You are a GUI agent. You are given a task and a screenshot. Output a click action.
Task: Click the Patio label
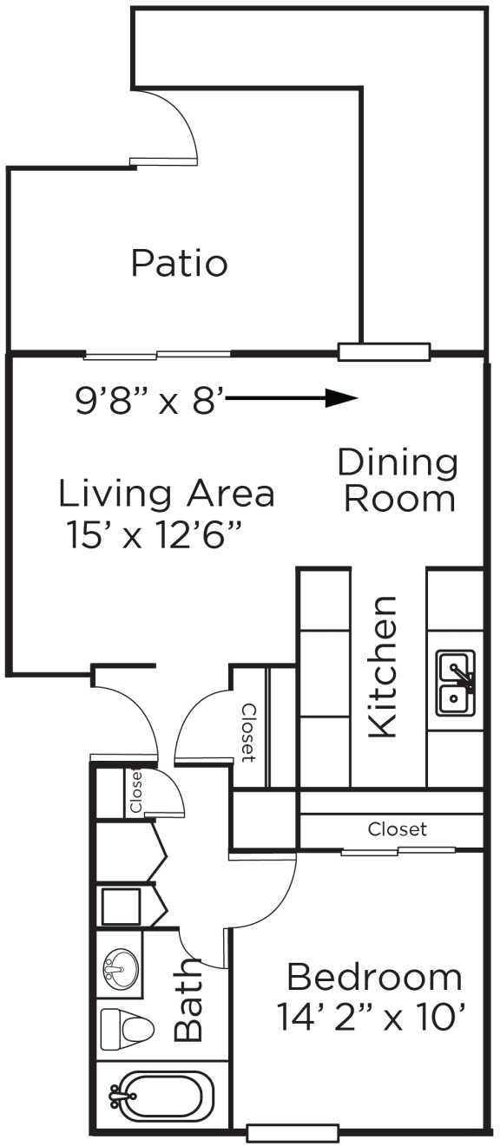[x=179, y=263]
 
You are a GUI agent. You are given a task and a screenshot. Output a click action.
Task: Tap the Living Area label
[x=167, y=494]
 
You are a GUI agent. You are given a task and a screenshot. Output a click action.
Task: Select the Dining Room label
[x=398, y=481]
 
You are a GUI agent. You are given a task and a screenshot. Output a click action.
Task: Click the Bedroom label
[x=374, y=978]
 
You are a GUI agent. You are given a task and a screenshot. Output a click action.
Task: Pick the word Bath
[x=189, y=1000]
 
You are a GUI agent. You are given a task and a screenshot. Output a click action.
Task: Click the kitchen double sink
[x=456, y=683]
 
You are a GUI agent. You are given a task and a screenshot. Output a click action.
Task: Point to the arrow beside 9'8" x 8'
[x=293, y=398]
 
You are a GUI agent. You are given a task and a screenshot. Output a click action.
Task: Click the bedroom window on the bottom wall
[x=292, y=1133]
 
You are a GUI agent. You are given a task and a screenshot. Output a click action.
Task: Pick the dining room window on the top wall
[x=384, y=352]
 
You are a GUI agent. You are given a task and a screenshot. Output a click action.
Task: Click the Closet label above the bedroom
[x=397, y=829]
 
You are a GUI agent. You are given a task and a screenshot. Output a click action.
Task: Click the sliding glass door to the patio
[x=157, y=354]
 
